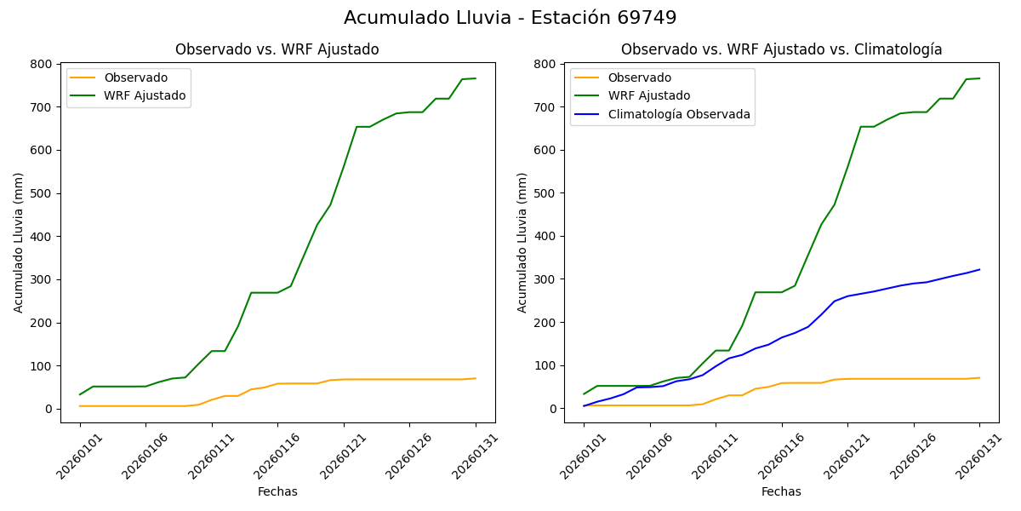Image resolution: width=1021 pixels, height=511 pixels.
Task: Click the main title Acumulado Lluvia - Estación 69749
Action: coord(510,18)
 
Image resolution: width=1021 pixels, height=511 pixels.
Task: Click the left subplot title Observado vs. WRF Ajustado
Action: coord(277,49)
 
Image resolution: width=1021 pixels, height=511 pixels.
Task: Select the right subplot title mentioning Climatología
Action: coord(781,49)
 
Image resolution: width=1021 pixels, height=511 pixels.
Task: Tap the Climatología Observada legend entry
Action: coord(678,114)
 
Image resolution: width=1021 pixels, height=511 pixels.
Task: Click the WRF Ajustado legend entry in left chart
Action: coord(145,95)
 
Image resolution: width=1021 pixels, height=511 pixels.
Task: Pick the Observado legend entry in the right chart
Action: coord(639,78)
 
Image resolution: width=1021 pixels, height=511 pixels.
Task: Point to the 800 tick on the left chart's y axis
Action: coord(40,64)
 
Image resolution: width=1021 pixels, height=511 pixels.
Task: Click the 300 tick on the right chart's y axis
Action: coord(544,279)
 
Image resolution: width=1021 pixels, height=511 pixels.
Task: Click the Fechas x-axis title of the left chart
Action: coord(277,491)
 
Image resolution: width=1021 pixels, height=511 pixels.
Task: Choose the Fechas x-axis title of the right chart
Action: coord(781,491)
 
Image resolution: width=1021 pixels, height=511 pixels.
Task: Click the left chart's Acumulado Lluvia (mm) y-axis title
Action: coord(19,242)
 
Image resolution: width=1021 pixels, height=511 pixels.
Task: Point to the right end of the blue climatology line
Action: coord(979,270)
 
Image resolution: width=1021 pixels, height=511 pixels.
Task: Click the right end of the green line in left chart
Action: coord(476,78)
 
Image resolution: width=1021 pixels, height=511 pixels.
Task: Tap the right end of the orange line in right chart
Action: coord(979,378)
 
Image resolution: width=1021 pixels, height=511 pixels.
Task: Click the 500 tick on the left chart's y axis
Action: coord(40,193)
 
